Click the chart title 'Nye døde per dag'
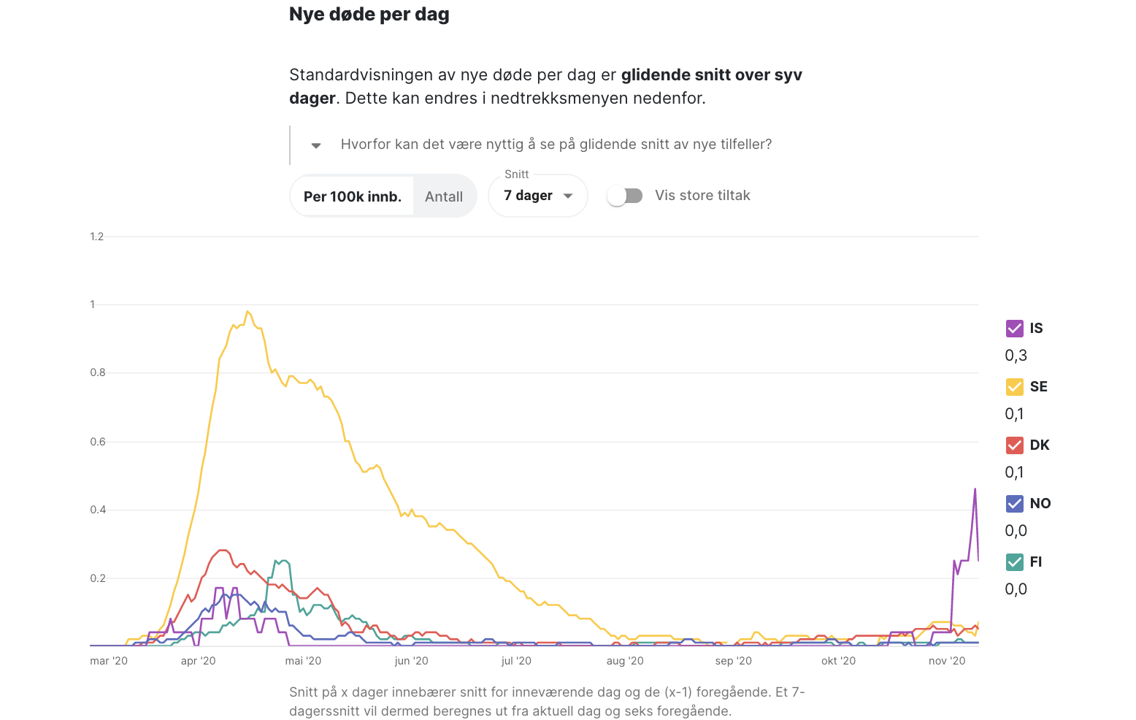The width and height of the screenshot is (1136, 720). coord(369,15)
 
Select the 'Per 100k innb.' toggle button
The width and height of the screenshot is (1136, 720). coord(353,196)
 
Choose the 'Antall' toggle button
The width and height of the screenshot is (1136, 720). coord(444,196)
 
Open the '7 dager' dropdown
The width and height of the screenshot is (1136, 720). coord(538,196)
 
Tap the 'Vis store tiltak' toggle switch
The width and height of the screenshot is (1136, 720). coord(625,196)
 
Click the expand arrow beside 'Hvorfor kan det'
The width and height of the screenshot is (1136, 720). coord(316,145)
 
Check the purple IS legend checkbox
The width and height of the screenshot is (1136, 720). coord(1014,329)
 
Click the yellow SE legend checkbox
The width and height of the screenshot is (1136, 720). coord(1014,387)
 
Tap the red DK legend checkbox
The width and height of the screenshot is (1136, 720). coord(1014,445)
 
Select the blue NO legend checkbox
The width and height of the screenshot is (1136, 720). coord(1014,504)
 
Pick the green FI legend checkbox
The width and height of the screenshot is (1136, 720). coord(1014,562)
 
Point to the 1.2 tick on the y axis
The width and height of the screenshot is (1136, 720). coord(97,237)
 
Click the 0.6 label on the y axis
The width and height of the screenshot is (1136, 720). coord(98,442)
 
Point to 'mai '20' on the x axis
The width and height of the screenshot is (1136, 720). coord(303,661)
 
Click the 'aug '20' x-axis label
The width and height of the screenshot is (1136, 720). coord(625,661)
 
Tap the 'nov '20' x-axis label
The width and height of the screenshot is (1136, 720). coord(947,661)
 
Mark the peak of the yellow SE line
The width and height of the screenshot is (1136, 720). coord(247,312)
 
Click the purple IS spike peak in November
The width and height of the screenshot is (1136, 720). coord(975,489)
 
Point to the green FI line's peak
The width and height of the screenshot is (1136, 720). coord(283,561)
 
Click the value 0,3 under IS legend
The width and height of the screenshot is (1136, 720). coord(1016,356)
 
